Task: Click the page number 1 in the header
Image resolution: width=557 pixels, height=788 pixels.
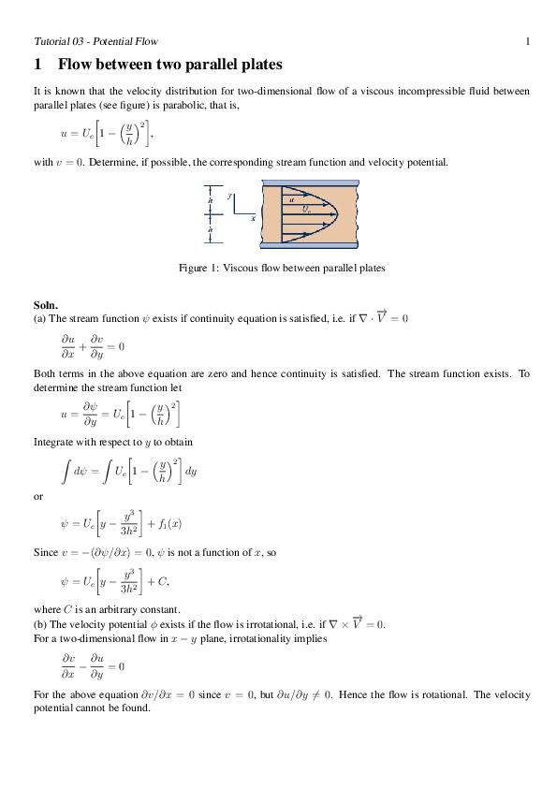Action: (x=528, y=41)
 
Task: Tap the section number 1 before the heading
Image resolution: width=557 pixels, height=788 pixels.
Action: (x=37, y=65)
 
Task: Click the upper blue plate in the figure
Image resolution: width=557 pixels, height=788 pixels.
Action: (x=309, y=184)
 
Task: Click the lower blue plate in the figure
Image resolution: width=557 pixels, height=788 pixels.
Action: (x=309, y=246)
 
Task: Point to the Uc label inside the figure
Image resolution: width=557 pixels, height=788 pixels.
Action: (x=307, y=209)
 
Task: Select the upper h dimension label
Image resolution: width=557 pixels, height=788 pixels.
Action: (x=211, y=199)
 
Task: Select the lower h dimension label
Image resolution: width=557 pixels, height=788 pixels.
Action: (x=211, y=229)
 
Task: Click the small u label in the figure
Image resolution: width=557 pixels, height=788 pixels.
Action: (x=292, y=199)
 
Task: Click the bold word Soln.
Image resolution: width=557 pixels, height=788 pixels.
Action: (x=46, y=305)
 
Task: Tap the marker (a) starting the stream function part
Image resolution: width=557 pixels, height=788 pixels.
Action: (x=39, y=318)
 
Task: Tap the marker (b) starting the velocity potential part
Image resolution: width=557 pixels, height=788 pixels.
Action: (x=39, y=624)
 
